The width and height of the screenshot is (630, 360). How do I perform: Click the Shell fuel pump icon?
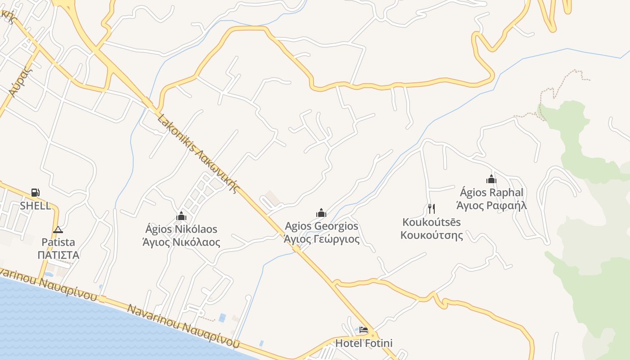pos(35,193)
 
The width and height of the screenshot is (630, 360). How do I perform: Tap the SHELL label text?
pos(35,206)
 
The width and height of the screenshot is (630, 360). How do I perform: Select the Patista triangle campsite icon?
pos(58,229)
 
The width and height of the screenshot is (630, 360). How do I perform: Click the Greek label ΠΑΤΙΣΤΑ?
pos(58,255)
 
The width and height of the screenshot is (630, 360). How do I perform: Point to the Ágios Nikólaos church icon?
pos(181,216)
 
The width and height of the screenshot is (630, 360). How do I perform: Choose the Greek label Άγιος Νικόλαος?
pos(181,243)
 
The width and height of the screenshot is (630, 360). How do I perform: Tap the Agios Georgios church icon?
pos(321,213)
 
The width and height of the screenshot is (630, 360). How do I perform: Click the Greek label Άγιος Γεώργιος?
pos(322,239)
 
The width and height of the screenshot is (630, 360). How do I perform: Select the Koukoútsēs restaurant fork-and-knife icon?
pos(431,208)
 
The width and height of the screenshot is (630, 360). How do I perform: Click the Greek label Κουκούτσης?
pos(432,235)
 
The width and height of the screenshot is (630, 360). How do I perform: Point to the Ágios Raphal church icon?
pos(491,179)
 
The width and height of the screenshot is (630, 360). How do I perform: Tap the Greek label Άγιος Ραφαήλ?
pos(491,206)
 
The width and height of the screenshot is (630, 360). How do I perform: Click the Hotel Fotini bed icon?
pos(364,330)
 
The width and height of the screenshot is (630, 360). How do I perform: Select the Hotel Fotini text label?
pos(364,343)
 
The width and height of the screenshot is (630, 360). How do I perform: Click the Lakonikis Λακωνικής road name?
pos(198,153)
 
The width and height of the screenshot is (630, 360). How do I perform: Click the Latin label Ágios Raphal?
pos(491,193)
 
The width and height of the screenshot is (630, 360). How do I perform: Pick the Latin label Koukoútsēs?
pos(432,222)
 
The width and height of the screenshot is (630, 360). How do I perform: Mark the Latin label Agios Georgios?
pos(322,226)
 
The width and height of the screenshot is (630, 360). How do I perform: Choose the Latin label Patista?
pos(58,242)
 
